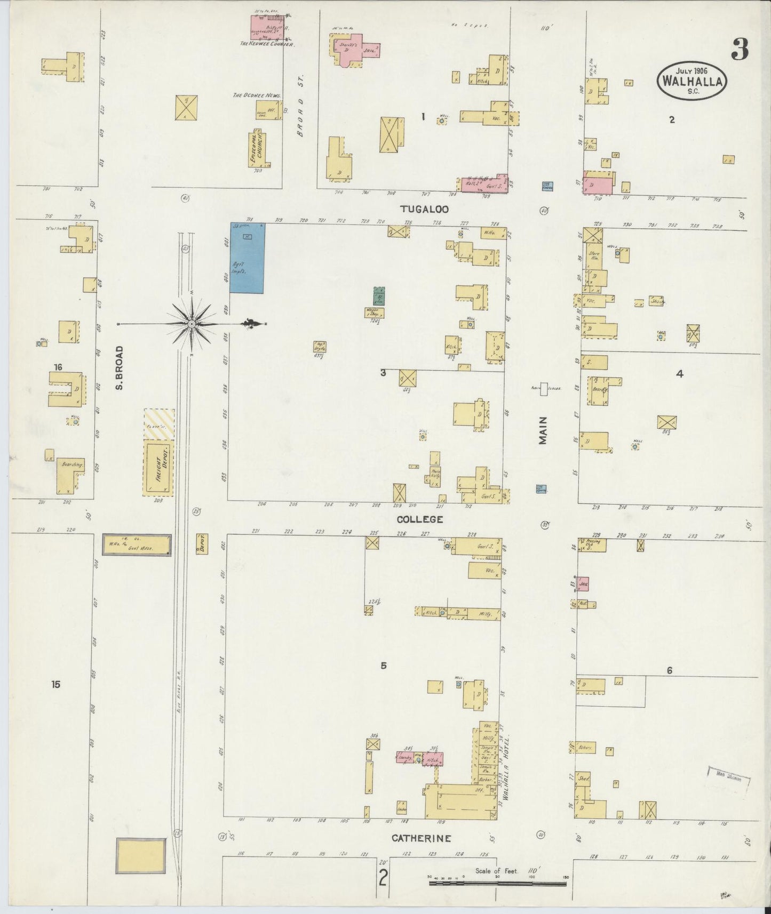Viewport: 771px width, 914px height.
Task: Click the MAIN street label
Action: coord(543,430)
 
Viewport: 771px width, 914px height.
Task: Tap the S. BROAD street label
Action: coord(119,367)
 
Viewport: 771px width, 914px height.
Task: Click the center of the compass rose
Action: coord(191,324)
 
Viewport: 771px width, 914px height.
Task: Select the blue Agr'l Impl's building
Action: coord(247,258)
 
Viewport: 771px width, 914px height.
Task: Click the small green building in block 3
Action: coord(379,296)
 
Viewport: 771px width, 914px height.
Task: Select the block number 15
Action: coord(56,684)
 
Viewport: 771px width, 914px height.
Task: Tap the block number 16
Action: coord(58,366)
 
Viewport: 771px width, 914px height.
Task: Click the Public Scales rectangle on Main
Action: coord(544,389)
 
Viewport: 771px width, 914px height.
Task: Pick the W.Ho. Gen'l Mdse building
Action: coord(137,546)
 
